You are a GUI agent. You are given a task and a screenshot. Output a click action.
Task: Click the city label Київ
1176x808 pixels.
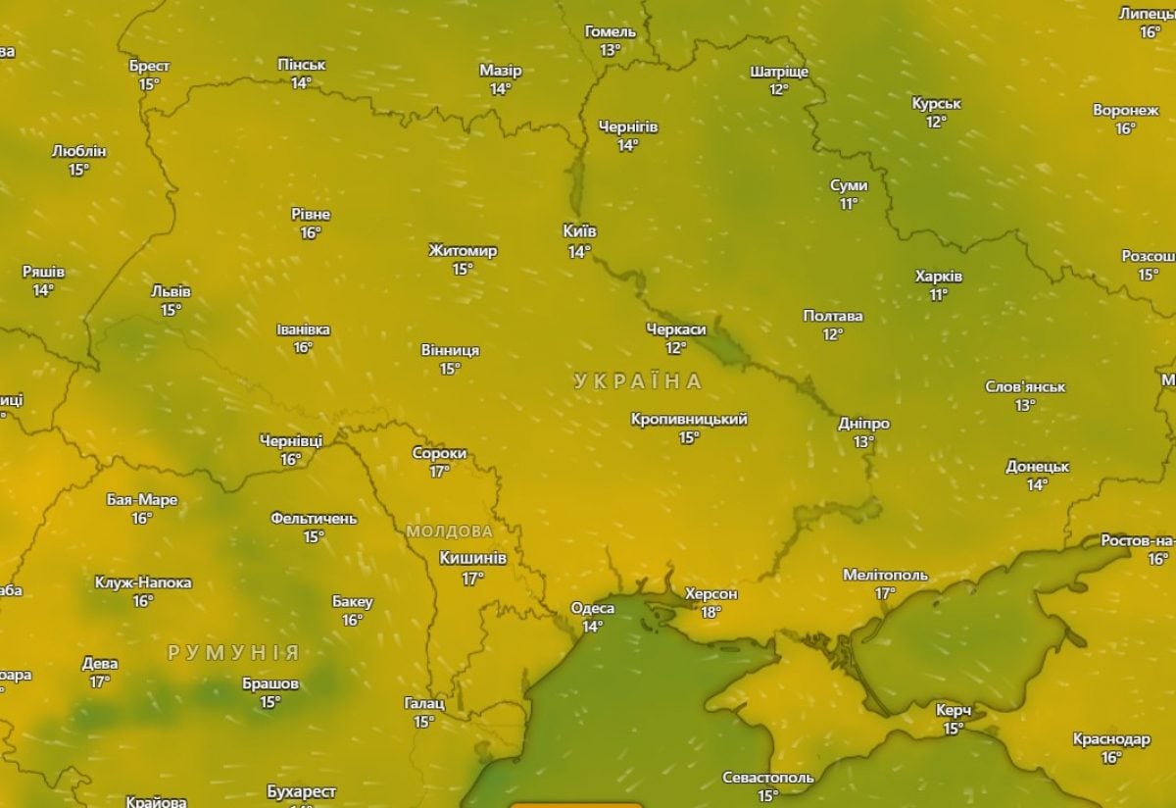(x=579, y=231)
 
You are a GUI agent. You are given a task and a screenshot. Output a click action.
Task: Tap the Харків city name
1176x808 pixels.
(x=938, y=277)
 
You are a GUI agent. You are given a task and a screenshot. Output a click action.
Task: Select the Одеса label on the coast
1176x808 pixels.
(x=592, y=608)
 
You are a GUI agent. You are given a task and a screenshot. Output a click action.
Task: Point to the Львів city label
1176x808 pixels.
(x=171, y=292)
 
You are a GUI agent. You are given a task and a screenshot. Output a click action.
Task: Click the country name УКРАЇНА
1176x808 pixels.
(x=639, y=381)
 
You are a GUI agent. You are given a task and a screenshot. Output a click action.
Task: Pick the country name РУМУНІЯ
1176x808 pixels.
(x=233, y=653)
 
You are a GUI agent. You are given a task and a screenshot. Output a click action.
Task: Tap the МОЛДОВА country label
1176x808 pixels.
(x=449, y=531)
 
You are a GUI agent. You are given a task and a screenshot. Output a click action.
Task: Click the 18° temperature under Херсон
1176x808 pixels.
(x=710, y=613)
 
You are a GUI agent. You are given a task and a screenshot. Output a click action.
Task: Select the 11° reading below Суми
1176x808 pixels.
(x=848, y=204)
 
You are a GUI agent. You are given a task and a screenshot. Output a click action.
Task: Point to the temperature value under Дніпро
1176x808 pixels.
(x=862, y=442)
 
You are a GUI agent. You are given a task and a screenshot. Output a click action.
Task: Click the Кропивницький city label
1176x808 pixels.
(x=689, y=419)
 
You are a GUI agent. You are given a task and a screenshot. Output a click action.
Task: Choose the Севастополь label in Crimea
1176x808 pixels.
(x=767, y=778)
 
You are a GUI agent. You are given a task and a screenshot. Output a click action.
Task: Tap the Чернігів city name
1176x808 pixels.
(x=628, y=127)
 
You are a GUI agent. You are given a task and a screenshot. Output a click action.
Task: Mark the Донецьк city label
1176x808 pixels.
(x=1037, y=467)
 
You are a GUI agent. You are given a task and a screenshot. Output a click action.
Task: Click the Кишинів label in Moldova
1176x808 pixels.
(x=472, y=558)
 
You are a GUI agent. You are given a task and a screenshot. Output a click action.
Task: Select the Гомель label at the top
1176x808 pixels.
(x=610, y=31)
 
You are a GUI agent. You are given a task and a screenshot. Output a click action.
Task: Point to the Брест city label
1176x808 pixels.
(x=149, y=66)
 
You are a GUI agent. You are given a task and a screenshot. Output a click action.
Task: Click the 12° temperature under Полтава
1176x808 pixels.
(x=832, y=334)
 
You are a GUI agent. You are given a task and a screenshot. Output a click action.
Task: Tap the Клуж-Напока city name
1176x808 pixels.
(x=143, y=582)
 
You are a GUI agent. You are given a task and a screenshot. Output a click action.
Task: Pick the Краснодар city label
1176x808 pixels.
(x=1110, y=739)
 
